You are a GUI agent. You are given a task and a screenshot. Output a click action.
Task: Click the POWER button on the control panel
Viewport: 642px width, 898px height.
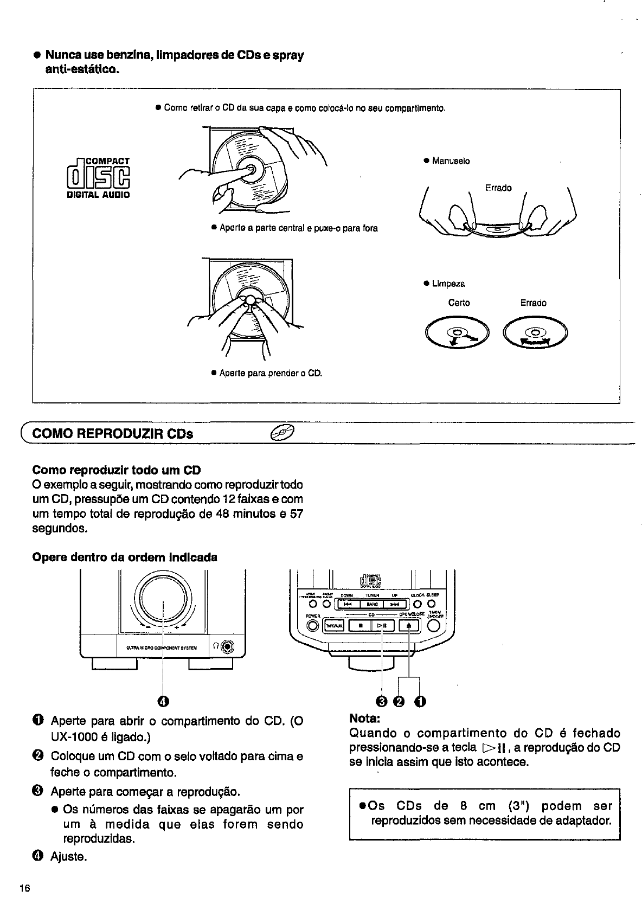click(312, 625)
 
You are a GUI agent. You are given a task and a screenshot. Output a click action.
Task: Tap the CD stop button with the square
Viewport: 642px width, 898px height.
click(360, 625)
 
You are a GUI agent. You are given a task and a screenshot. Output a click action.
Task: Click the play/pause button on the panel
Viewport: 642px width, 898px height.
click(382, 625)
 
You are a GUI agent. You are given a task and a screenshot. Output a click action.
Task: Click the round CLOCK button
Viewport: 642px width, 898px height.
click(418, 604)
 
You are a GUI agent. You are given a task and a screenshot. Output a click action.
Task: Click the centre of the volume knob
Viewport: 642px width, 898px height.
click(163, 600)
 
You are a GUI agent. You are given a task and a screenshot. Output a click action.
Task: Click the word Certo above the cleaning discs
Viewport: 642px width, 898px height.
click(459, 303)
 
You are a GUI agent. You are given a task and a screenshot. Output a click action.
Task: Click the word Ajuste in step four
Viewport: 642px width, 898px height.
click(69, 857)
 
